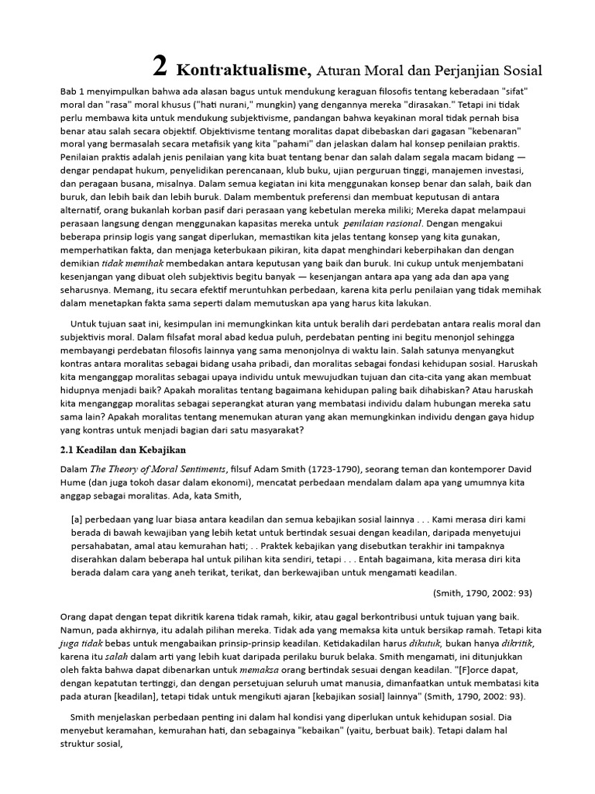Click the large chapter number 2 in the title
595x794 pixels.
point(159,67)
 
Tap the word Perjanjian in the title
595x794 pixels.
point(460,71)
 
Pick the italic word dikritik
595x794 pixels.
point(512,644)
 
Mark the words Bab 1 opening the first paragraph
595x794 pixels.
point(74,91)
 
